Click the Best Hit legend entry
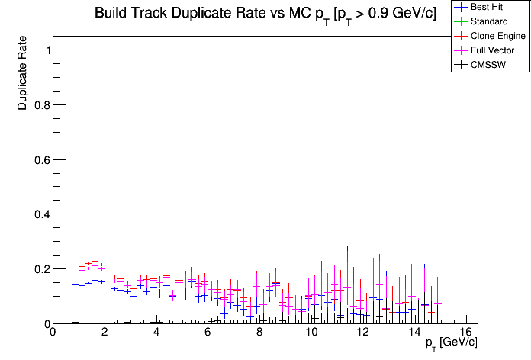pos(487,7)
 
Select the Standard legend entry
pos(488,21)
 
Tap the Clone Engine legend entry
pos(498,36)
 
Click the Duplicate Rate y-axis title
pos(23,73)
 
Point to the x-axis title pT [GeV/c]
pos(452,342)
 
